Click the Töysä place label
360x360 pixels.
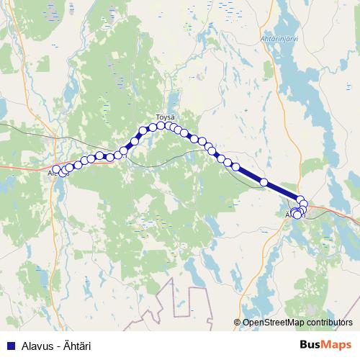click(x=166, y=116)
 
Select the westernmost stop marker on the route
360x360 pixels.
click(x=56, y=169)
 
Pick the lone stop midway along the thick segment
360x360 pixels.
click(x=264, y=182)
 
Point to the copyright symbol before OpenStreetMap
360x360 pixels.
click(x=238, y=323)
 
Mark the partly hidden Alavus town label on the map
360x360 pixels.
click(x=50, y=174)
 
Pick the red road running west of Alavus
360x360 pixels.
click(x=22, y=166)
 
